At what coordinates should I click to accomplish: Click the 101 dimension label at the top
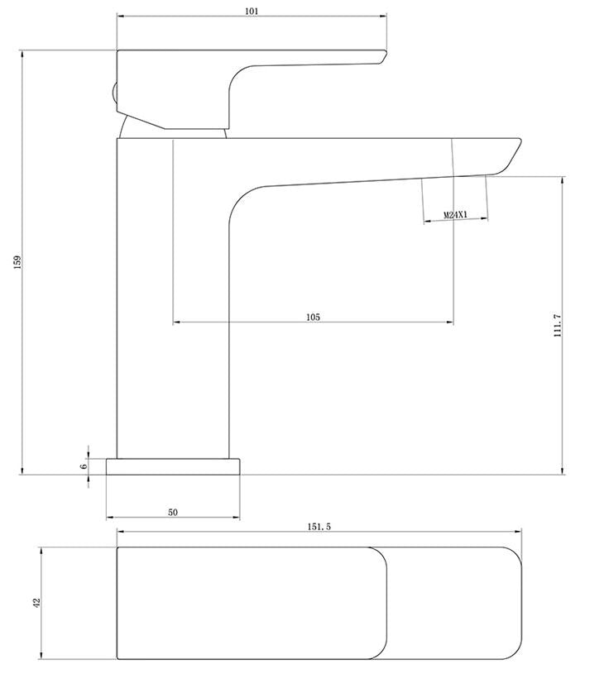pos(252,12)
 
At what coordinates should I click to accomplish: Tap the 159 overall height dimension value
pos(17,262)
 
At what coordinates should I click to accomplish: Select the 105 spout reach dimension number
pos(313,318)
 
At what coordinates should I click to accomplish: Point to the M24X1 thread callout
pos(455,214)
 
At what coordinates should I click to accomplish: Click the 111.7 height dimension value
pos(558,325)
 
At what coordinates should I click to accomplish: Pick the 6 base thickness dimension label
pos(84,466)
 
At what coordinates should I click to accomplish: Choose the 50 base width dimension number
pos(172,513)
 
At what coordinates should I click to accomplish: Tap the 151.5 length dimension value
pos(319,527)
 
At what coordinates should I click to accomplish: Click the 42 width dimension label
pos(36,603)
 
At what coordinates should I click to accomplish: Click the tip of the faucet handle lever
pos(386,52)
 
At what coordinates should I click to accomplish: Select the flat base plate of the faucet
pos(173,466)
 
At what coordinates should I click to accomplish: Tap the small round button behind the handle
pos(114,93)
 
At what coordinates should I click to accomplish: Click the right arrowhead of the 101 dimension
pos(384,17)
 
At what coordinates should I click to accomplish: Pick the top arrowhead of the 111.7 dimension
pos(563,180)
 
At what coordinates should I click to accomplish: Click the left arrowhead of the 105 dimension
pos(176,322)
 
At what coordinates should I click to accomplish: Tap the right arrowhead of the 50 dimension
pos(236,517)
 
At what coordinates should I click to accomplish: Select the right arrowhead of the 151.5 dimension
pos(518,532)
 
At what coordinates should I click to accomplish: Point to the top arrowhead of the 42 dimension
pos(41,551)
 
